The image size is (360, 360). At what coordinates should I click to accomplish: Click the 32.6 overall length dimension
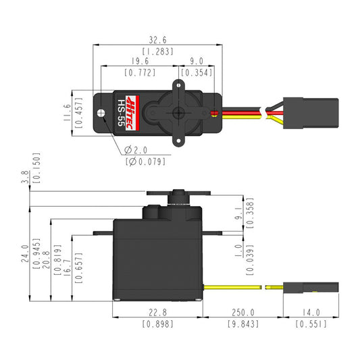click(x=158, y=39)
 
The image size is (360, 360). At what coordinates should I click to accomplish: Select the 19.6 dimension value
click(x=140, y=61)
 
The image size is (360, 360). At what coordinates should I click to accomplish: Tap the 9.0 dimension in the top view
click(x=197, y=61)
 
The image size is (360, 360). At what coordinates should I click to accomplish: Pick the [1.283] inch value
click(x=158, y=51)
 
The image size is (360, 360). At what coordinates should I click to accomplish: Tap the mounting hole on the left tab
click(x=105, y=112)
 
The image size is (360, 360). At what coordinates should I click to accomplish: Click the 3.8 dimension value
click(x=25, y=177)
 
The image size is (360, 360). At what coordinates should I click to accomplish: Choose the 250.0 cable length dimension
click(x=243, y=313)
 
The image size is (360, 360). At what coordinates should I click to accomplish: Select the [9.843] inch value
click(x=243, y=324)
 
